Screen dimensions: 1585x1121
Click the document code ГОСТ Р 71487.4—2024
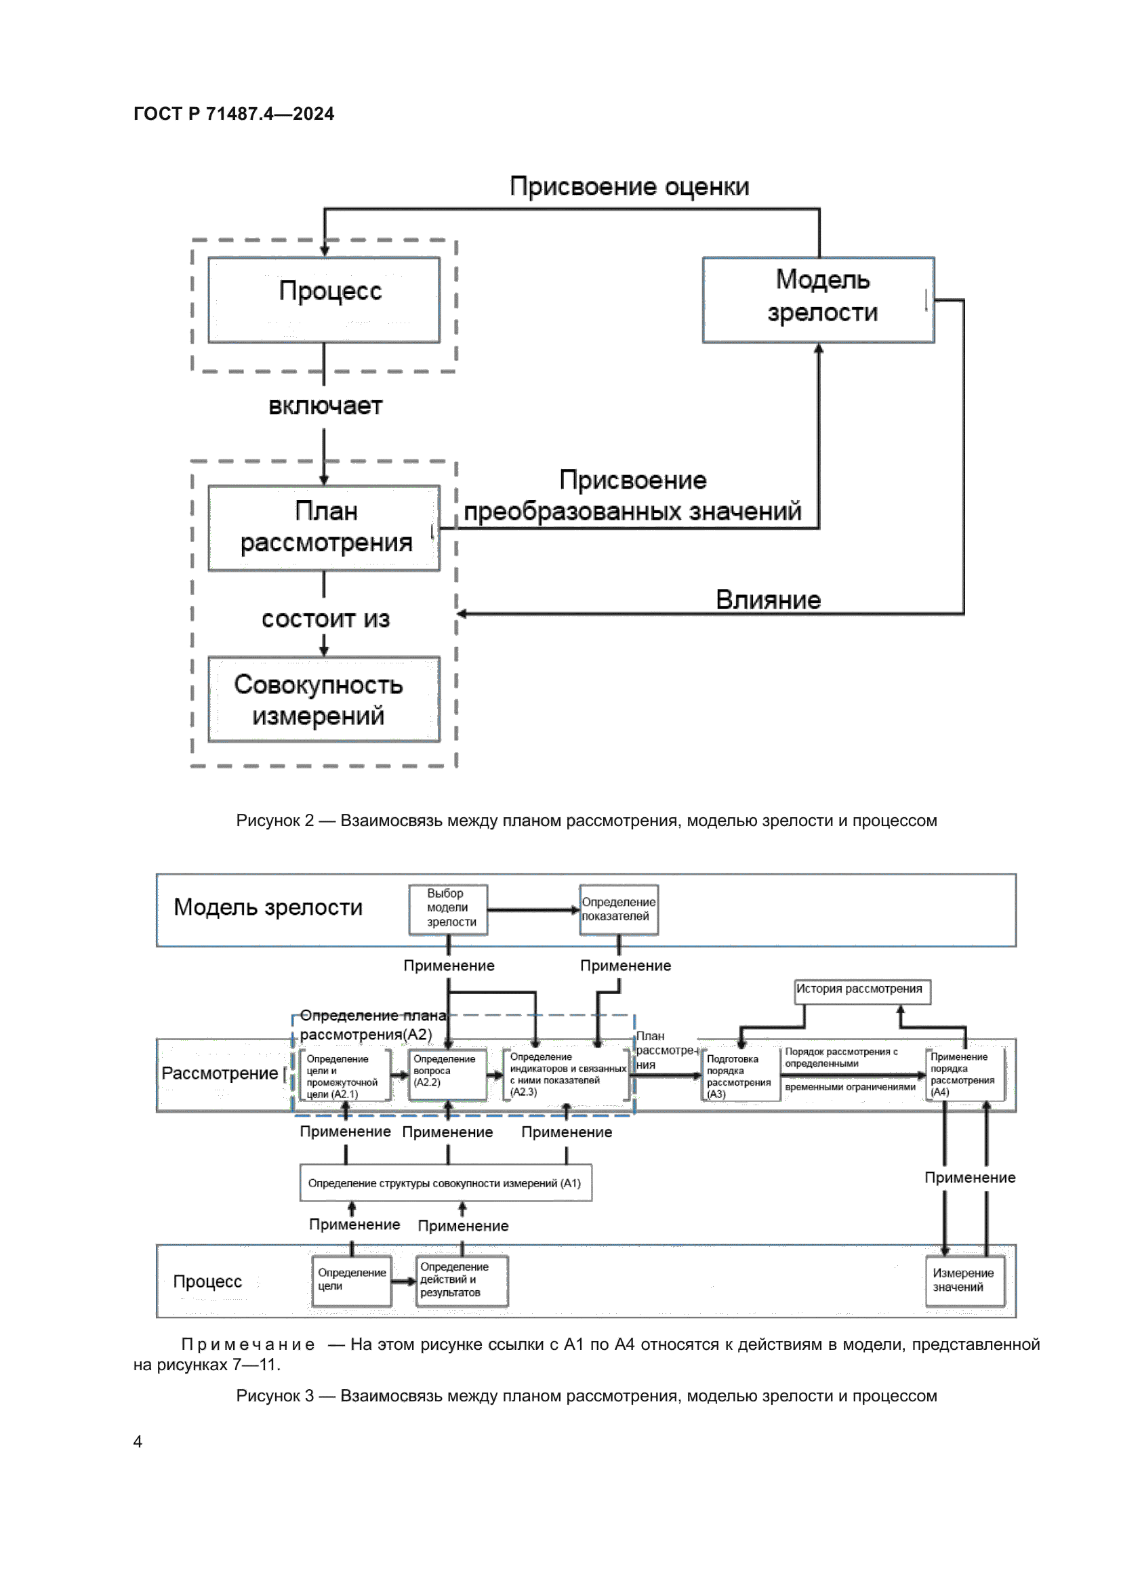point(233,114)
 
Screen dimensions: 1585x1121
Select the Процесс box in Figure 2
point(324,300)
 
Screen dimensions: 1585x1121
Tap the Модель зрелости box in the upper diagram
point(818,300)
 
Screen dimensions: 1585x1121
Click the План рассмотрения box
point(324,527)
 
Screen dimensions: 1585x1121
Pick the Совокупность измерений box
point(324,699)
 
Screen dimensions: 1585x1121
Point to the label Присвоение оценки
point(629,186)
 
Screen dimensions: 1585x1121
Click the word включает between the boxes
point(325,406)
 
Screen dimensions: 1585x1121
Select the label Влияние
point(768,600)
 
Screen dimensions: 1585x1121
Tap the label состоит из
point(325,619)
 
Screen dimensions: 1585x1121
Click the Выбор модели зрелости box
point(448,909)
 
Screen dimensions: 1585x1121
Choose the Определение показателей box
point(619,909)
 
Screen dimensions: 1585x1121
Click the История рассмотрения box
point(861,991)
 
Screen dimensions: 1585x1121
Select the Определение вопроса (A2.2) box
point(447,1074)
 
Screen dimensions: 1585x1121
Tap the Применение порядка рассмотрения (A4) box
point(964,1074)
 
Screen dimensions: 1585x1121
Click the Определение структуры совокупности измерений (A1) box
point(445,1183)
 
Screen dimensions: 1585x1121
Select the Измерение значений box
point(964,1281)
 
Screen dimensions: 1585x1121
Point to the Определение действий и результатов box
point(462,1280)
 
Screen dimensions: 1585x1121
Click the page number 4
point(138,1441)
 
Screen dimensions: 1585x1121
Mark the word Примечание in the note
point(248,1344)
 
